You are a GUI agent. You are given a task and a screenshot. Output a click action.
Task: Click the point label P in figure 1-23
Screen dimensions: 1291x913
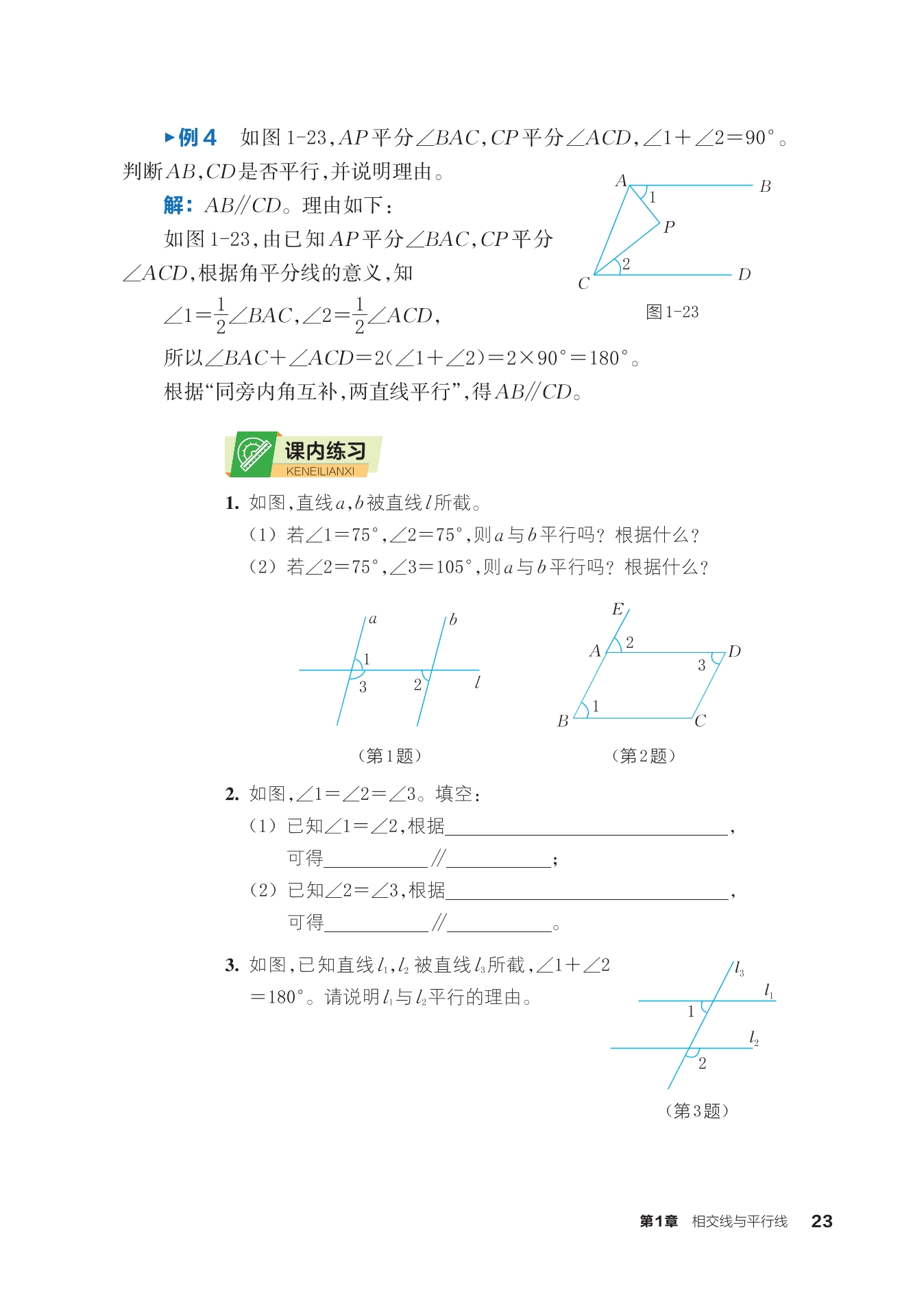[x=669, y=227]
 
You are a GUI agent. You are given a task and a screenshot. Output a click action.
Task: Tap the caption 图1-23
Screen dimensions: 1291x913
[x=672, y=312]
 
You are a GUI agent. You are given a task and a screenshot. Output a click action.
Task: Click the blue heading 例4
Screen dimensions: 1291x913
[x=197, y=138]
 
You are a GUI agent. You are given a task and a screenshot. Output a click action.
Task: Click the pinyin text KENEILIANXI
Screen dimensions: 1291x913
[x=320, y=471]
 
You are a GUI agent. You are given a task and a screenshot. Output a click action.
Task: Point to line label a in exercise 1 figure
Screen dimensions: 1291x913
[x=373, y=620]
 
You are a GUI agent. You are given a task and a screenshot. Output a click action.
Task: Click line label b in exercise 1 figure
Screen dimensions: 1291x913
[x=453, y=620]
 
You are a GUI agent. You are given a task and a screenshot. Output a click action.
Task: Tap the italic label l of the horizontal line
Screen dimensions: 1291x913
[x=477, y=682]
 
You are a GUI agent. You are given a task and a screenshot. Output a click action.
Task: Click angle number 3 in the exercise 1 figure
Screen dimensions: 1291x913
[x=363, y=687]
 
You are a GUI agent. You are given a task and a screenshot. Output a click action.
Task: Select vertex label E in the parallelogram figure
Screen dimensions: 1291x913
[x=618, y=609]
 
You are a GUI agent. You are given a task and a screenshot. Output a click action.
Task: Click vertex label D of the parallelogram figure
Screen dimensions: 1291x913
[x=734, y=651]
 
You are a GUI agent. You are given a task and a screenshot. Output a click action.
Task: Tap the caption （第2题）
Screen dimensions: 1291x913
[x=643, y=755]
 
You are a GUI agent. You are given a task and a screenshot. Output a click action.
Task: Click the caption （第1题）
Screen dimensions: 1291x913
[x=389, y=755]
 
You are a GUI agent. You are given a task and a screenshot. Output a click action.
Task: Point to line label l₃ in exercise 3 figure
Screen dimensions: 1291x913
[x=739, y=969]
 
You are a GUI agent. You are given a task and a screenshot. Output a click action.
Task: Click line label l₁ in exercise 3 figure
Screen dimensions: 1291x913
[x=769, y=990]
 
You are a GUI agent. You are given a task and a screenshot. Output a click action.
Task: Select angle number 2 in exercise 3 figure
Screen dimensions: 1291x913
[x=702, y=1064]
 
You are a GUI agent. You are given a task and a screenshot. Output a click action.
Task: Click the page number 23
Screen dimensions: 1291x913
[x=821, y=1221]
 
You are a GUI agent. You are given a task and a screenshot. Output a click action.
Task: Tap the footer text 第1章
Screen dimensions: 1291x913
[x=658, y=1221]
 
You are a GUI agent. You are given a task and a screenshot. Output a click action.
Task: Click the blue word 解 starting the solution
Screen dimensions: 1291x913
[x=174, y=205]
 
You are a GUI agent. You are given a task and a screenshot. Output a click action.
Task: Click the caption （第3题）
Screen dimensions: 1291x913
[x=696, y=1111]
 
